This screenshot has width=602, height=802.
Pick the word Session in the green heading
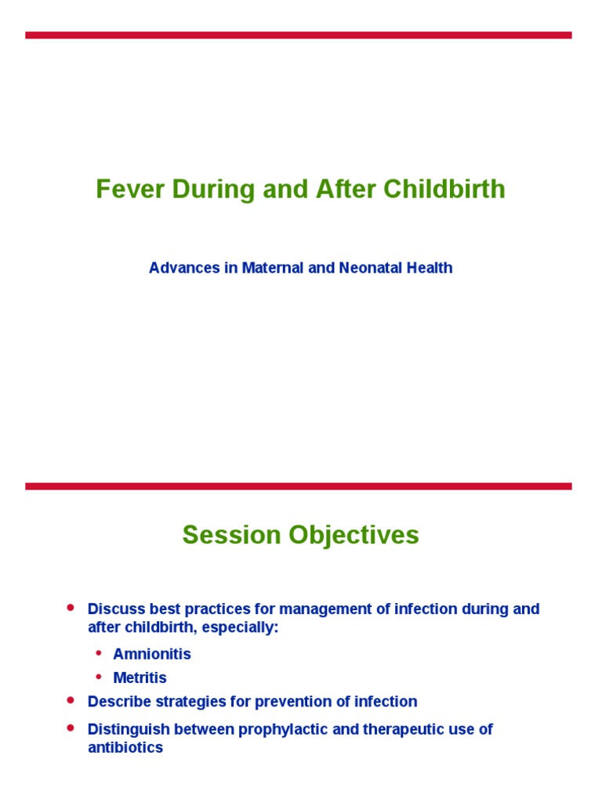[x=232, y=535]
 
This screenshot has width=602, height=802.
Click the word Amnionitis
[x=152, y=654]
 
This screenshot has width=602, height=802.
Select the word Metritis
[x=140, y=678]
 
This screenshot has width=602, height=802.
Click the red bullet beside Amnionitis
[x=99, y=652]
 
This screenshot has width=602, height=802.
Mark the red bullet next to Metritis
[x=99, y=677]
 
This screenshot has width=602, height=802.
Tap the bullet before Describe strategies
[x=71, y=700]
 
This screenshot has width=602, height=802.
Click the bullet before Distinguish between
[x=71, y=728]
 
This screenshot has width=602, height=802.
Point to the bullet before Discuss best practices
[x=71, y=608]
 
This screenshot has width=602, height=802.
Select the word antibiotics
[x=125, y=748]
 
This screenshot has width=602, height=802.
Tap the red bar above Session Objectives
[x=298, y=486]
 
